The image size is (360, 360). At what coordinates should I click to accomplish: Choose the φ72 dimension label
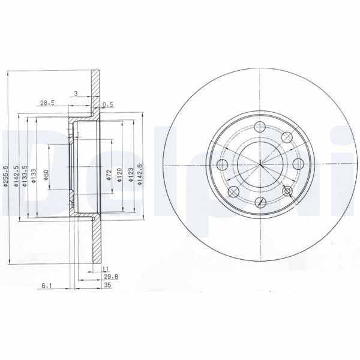coord(109,174)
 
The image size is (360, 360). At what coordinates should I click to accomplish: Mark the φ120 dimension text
coord(120,174)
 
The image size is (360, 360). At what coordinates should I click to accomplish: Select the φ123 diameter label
coord(130,174)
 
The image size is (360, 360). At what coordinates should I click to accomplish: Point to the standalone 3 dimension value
coord(76,94)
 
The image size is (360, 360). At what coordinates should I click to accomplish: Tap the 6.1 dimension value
coord(46,287)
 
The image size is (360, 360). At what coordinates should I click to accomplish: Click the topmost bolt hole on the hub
coord(260,127)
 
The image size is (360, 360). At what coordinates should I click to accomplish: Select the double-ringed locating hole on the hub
coord(287,191)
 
